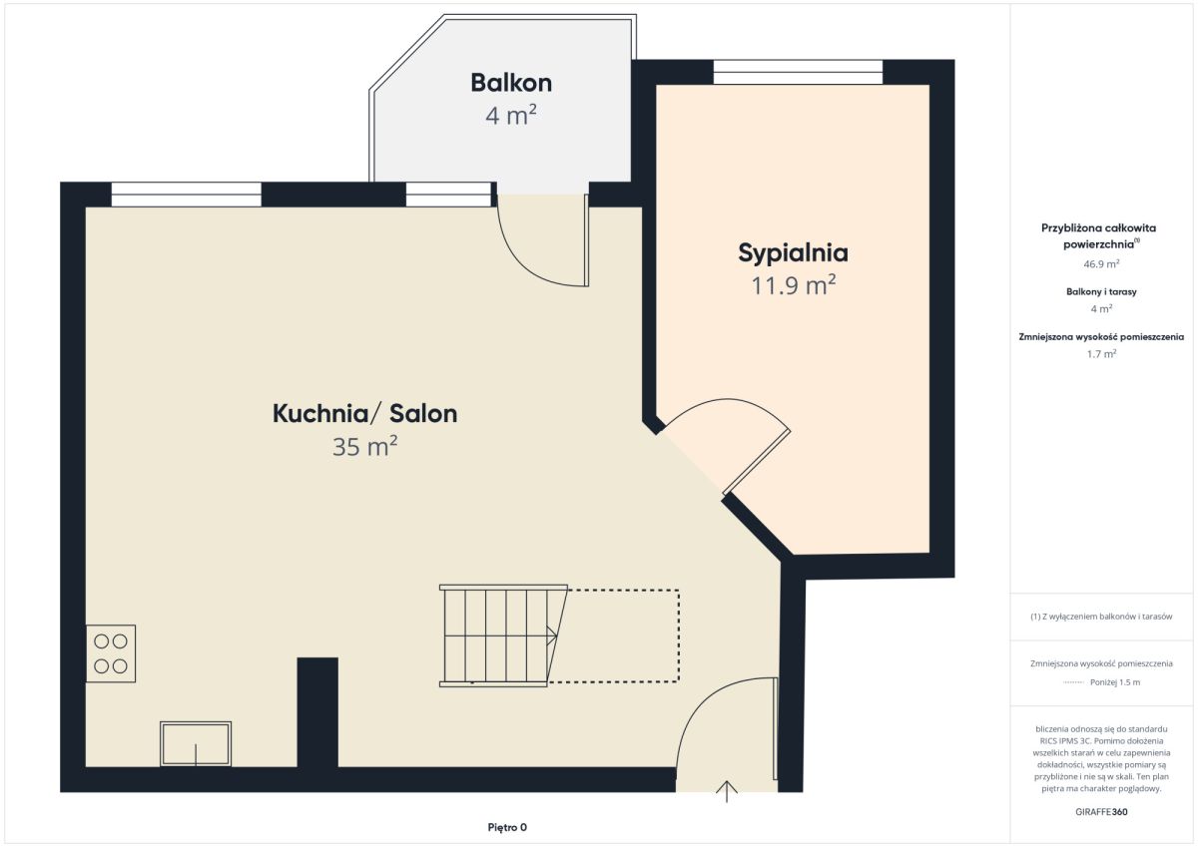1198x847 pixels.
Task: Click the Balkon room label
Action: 511,83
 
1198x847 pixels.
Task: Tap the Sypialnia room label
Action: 793,253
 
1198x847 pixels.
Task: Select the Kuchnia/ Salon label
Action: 364,414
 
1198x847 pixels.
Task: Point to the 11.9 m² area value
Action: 793,285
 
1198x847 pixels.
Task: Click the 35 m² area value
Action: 364,446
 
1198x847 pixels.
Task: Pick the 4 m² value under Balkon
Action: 511,116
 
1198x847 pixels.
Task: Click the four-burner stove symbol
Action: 111,653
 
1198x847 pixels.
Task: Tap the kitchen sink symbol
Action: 196,744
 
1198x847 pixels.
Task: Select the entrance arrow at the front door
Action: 727,791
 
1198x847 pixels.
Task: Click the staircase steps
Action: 503,635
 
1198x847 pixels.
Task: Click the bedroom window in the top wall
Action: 798,72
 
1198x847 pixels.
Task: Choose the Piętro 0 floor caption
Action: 507,827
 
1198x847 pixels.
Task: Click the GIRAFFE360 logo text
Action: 1101,812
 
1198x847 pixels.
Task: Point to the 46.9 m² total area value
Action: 1101,263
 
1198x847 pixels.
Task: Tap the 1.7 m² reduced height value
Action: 1101,354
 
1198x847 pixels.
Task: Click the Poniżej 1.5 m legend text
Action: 1115,682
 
